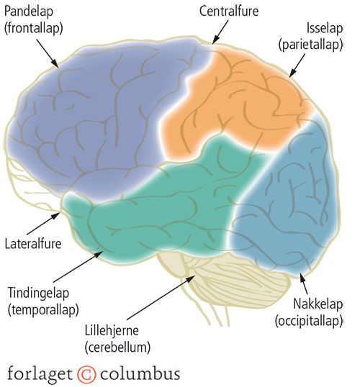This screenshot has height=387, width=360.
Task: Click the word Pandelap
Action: click(29, 12)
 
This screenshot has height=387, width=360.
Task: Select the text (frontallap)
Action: click(34, 28)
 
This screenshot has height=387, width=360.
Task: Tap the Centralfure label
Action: click(229, 11)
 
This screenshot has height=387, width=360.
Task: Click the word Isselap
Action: click(325, 28)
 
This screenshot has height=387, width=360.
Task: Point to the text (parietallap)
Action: click(311, 45)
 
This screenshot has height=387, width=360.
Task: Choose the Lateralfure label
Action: click(33, 244)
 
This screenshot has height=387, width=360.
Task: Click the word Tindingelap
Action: click(39, 293)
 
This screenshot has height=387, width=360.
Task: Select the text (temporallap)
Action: click(43, 309)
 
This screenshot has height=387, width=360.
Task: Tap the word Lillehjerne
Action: click(112, 330)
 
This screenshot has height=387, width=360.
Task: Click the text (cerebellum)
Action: click(117, 347)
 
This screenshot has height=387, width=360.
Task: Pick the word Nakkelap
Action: click(318, 304)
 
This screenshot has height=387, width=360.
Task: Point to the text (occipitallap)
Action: click(309, 321)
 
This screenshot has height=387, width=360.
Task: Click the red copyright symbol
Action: click(86, 374)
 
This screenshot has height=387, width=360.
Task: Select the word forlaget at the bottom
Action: click(40, 373)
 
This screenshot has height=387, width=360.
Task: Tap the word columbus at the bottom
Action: click(140, 373)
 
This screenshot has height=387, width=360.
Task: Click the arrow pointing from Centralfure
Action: click(220, 32)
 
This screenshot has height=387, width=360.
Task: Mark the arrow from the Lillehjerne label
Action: click(161, 297)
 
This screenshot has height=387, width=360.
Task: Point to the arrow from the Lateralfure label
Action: click(43, 223)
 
